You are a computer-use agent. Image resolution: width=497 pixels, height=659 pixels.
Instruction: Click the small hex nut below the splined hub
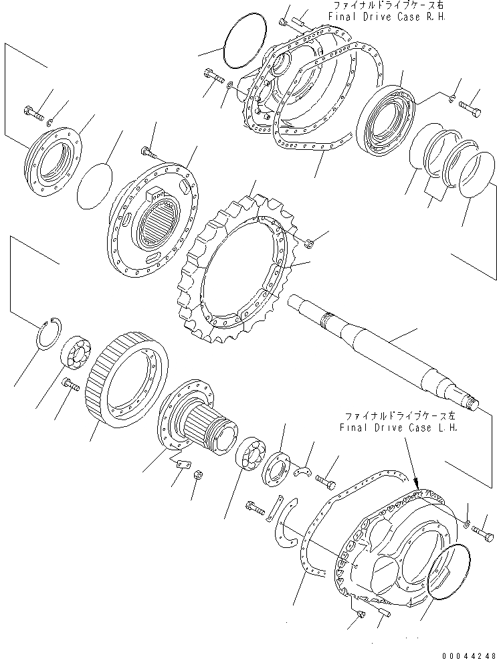(198, 476)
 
